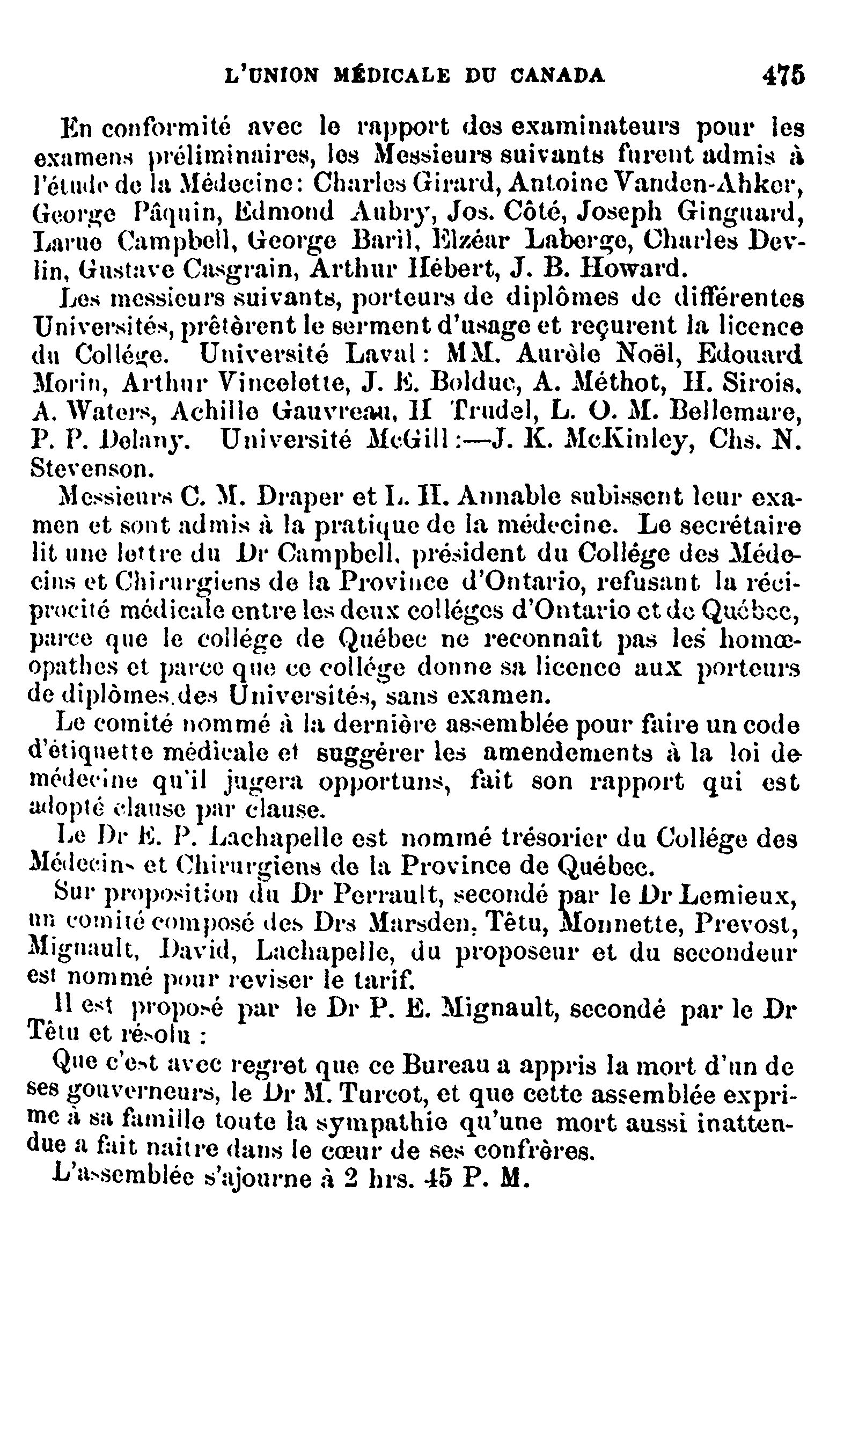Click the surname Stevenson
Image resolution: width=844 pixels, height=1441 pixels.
[x=90, y=469]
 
